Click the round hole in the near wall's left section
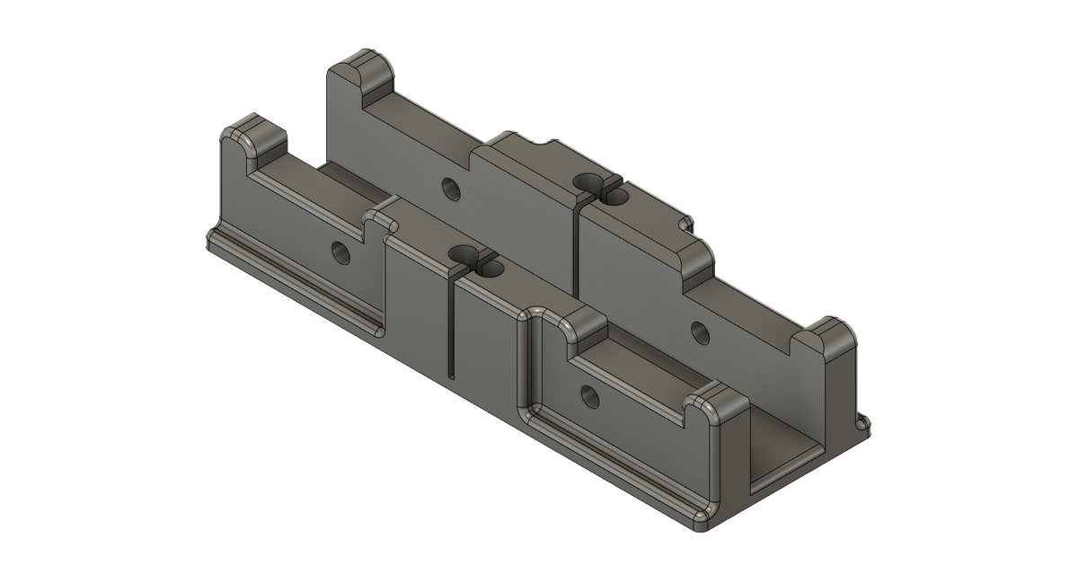tap(339, 251)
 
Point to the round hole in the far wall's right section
tap(698, 332)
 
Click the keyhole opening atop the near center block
tap(471, 260)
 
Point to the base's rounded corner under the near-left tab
tap(216, 239)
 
